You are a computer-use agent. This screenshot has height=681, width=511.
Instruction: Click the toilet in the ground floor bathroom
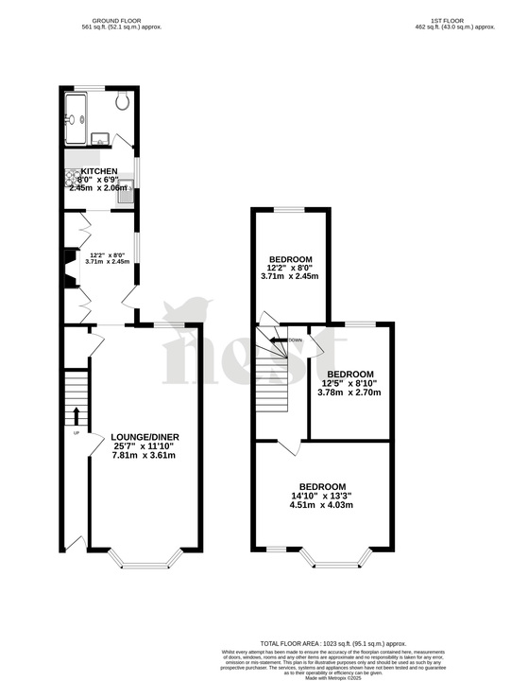pyautogui.click(x=123, y=101)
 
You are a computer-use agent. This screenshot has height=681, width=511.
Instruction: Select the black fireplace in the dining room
pyautogui.click(x=70, y=267)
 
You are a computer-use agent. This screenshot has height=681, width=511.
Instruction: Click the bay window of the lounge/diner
pyautogui.click(x=145, y=564)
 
